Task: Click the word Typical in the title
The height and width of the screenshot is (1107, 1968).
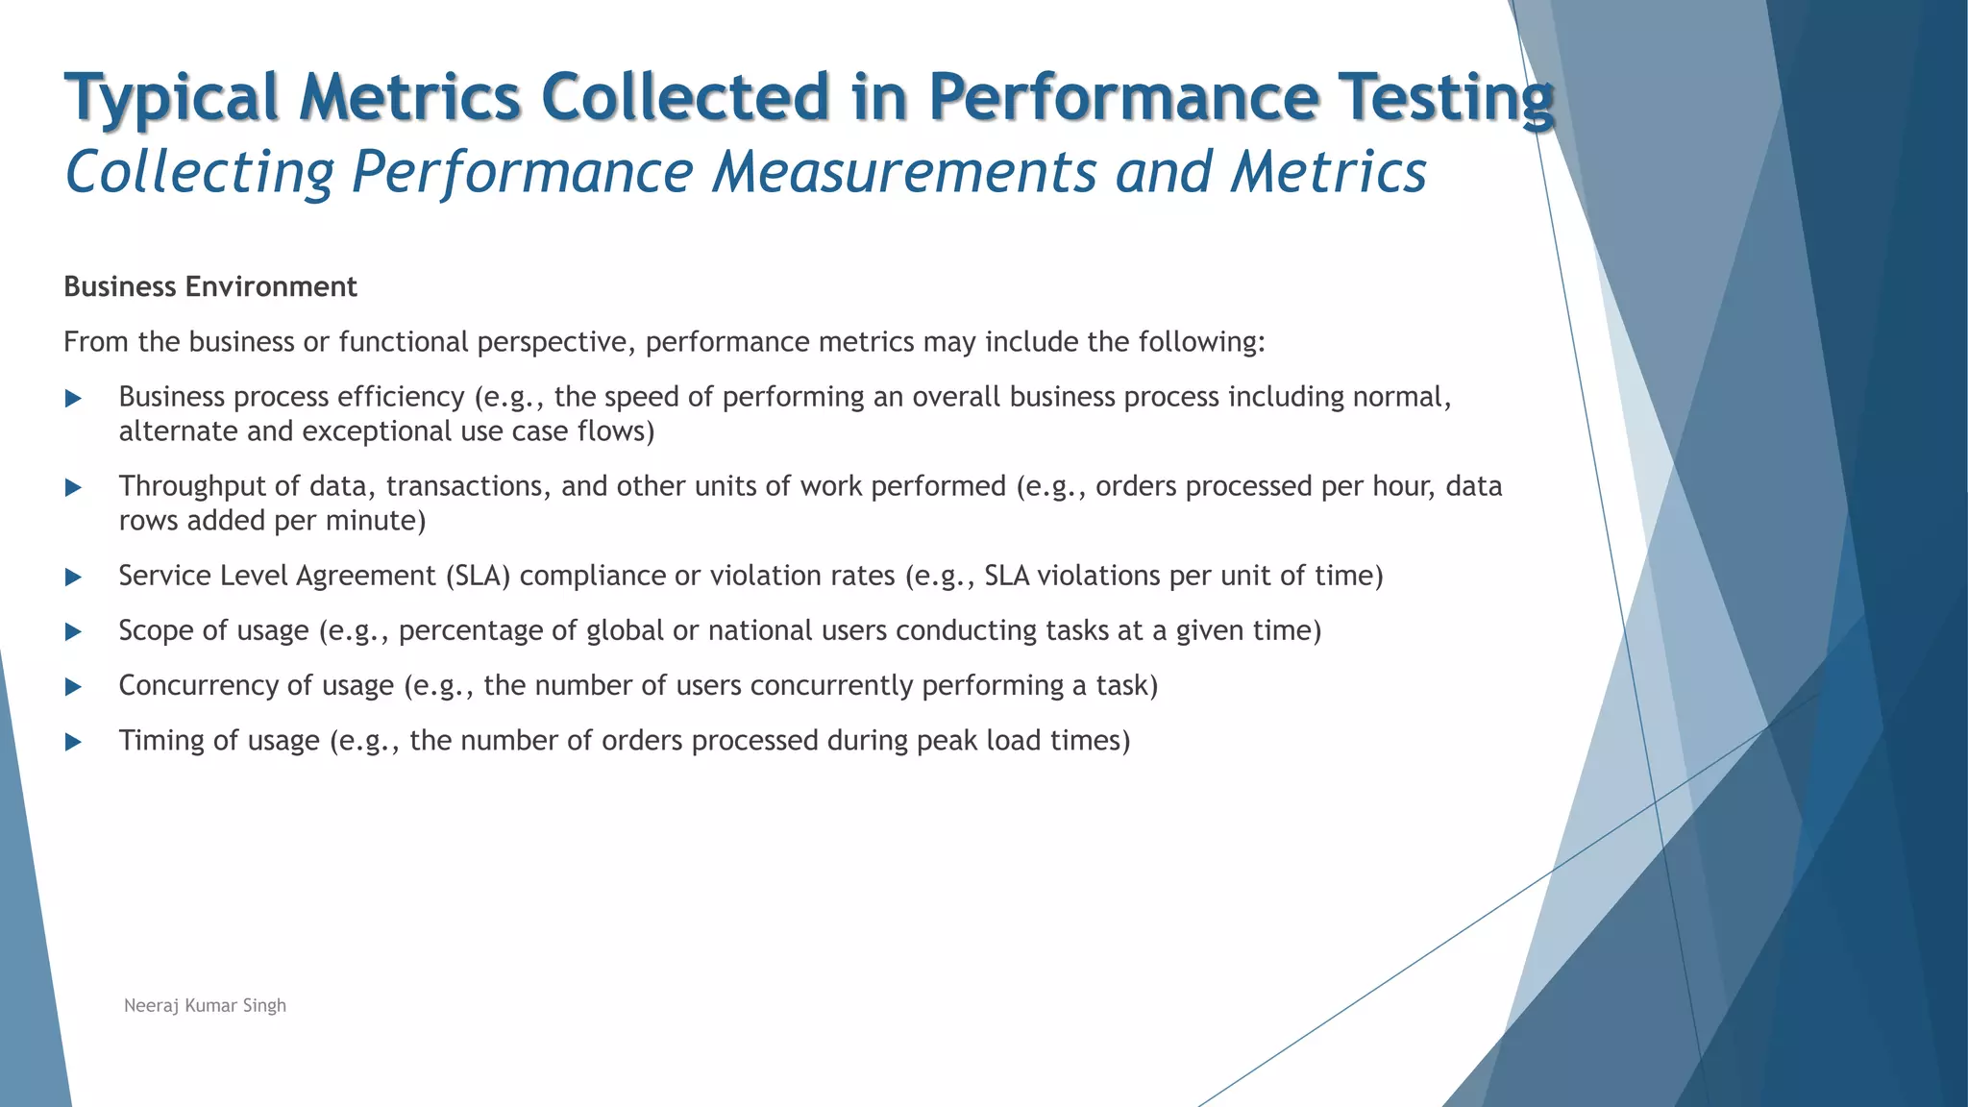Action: coord(172,97)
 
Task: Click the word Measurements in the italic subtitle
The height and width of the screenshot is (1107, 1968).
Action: coord(905,172)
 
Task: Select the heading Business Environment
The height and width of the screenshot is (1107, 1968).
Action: coord(209,286)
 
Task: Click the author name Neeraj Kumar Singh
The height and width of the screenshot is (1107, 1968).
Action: coord(205,1005)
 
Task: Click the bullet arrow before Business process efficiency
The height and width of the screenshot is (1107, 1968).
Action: coord(73,398)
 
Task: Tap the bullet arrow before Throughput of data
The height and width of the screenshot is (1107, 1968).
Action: coord(73,487)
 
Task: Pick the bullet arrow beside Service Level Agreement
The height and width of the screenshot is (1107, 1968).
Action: coord(73,577)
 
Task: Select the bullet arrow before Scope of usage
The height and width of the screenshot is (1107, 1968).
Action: coord(73,631)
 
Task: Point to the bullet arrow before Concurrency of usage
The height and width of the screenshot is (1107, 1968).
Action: coord(73,686)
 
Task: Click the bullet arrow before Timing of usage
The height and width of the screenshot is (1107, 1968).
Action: coord(73,742)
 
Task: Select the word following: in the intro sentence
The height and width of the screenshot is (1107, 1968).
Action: coord(1201,342)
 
